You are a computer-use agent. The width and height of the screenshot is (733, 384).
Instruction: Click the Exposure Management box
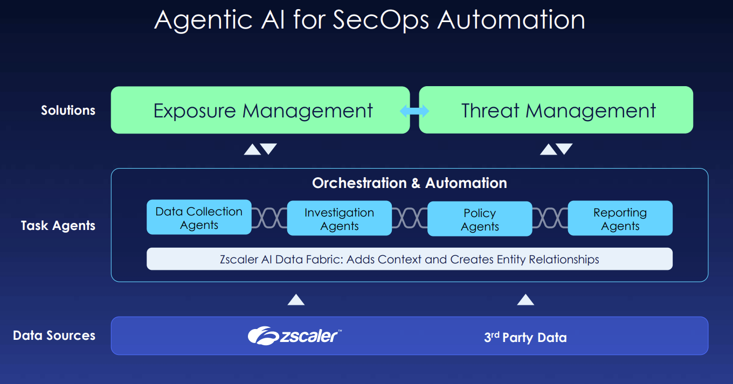click(x=260, y=110)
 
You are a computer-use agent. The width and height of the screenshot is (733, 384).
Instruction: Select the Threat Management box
click(x=556, y=110)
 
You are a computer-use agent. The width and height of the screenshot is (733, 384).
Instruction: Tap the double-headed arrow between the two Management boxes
click(x=414, y=111)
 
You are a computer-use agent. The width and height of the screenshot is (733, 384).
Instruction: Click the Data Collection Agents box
click(x=199, y=218)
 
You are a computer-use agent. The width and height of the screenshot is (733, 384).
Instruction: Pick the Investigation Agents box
click(x=339, y=218)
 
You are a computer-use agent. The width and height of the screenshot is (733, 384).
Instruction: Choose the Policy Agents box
click(x=480, y=219)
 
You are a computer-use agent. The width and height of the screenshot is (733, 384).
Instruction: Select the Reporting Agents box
click(x=620, y=218)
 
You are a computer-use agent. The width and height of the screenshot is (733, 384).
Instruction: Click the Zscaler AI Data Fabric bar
click(x=409, y=259)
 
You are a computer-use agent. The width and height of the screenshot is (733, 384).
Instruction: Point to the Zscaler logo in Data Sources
click(x=294, y=336)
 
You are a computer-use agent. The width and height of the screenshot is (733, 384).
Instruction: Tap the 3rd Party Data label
click(x=525, y=338)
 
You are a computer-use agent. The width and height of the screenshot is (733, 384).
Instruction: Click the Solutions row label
click(x=68, y=110)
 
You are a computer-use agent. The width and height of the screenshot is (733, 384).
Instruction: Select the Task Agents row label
click(x=58, y=225)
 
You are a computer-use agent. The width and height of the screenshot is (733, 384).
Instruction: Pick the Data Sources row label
click(x=54, y=336)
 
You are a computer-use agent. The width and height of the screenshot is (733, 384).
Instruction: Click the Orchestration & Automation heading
click(x=409, y=183)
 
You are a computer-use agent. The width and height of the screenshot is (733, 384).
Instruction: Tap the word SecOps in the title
click(x=381, y=20)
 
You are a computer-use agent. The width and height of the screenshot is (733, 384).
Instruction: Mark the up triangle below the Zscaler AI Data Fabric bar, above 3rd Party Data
click(x=525, y=299)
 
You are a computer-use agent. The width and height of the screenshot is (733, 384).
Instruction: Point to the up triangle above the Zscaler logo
click(x=296, y=299)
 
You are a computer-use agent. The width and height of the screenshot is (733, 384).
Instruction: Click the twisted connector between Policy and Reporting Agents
click(x=550, y=219)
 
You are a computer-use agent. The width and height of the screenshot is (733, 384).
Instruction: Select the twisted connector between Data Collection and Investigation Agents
click(x=269, y=218)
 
